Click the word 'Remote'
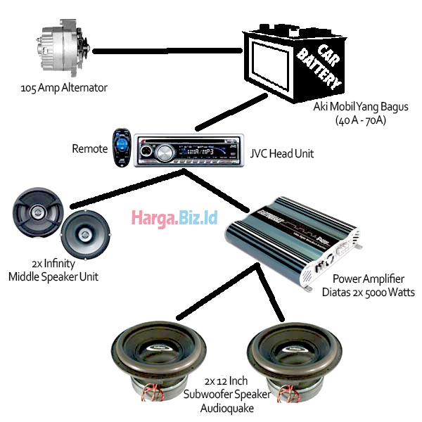click(89, 149)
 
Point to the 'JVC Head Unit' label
click(282, 153)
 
